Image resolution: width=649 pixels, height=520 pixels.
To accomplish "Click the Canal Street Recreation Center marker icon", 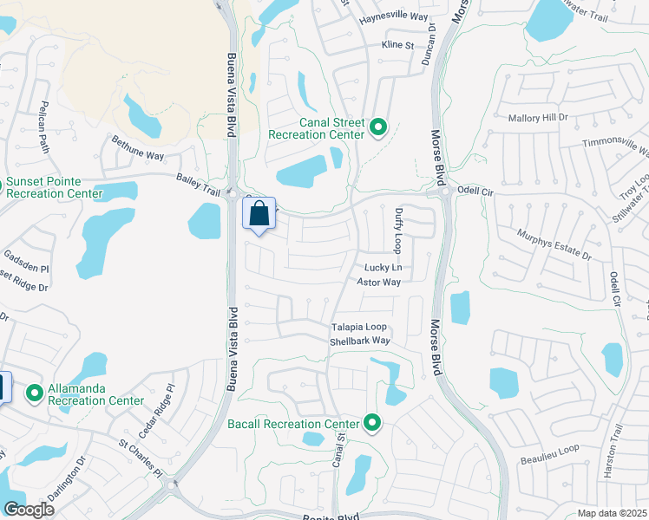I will (378, 128).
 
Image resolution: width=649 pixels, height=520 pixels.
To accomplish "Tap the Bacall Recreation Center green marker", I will (372, 423).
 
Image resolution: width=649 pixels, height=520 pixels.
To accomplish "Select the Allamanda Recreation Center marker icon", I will (35, 394).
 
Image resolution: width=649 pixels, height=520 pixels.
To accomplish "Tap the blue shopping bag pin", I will (259, 215).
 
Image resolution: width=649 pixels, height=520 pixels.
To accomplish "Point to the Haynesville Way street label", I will (394, 16).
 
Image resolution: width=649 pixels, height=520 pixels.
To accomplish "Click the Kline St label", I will (397, 45).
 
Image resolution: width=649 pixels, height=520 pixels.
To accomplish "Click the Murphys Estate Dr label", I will (553, 245).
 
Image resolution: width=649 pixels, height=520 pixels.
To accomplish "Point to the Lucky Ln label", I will (383, 268).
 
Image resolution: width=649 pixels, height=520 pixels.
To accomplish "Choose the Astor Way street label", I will (379, 282).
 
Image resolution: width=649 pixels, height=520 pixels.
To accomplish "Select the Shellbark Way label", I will (360, 341).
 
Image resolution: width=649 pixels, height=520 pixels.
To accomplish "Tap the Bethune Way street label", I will (136, 147).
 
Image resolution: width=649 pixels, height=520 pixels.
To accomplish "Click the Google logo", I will (29, 510).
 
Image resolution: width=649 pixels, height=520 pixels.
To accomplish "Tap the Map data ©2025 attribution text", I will (612, 513).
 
